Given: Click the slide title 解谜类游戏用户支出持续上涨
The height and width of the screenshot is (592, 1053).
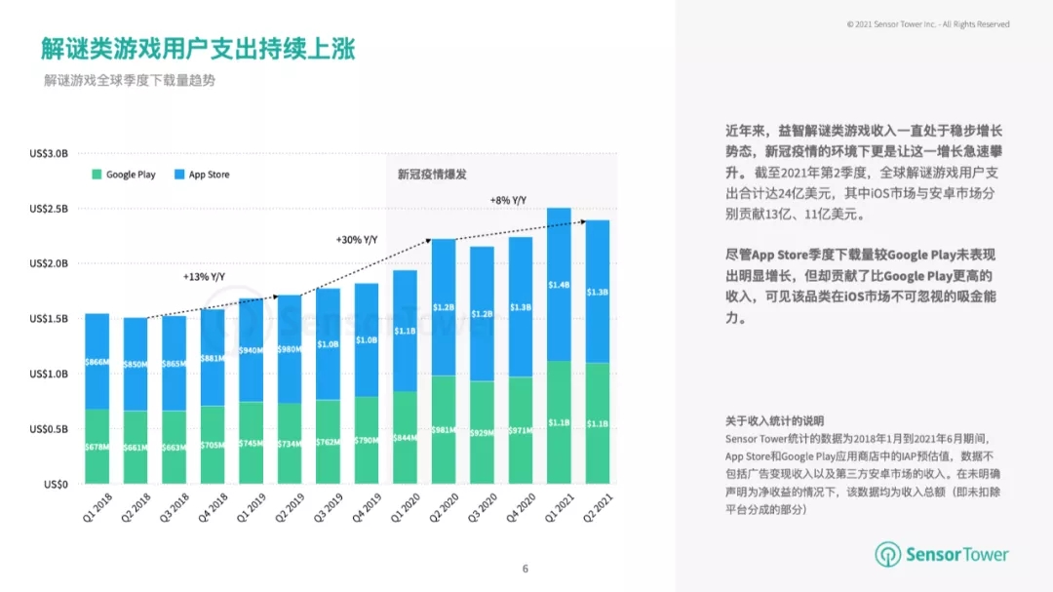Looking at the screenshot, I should (x=198, y=48).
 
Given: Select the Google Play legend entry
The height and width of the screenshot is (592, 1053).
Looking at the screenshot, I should (x=124, y=175).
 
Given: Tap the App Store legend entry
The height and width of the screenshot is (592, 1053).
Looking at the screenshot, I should (x=202, y=175).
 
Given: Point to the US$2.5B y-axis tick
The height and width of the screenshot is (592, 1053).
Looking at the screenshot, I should (x=48, y=209).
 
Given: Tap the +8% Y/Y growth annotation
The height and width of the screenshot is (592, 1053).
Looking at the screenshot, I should (x=508, y=201).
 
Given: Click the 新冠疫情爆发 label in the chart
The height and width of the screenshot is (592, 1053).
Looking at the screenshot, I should (x=432, y=175).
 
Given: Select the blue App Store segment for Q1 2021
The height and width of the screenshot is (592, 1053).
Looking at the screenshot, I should (x=559, y=284).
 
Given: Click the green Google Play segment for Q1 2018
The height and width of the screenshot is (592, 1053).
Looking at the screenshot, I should (x=97, y=446).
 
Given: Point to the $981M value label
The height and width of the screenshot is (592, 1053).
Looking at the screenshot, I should (x=444, y=430).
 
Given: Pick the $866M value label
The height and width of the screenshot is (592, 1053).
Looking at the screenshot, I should (x=97, y=361).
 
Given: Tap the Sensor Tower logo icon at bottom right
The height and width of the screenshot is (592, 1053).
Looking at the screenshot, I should (x=887, y=555).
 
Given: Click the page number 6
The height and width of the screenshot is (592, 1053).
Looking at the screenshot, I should (x=526, y=569).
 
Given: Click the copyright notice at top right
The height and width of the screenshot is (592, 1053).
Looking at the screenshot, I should (x=928, y=24).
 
